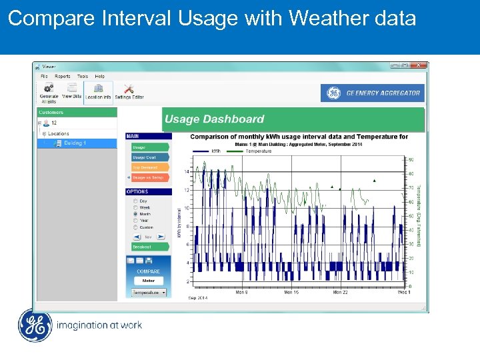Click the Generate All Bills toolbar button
click(x=49, y=92)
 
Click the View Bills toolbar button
click(x=71, y=92)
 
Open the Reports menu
click(x=63, y=76)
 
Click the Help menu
click(x=99, y=76)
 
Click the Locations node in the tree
click(x=58, y=133)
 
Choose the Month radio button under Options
click(x=136, y=214)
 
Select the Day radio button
click(x=136, y=201)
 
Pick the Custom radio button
click(x=136, y=227)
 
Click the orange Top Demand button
click(x=149, y=167)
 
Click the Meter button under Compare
click(x=148, y=281)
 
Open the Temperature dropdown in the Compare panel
click(x=149, y=292)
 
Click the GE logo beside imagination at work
click(x=34, y=325)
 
